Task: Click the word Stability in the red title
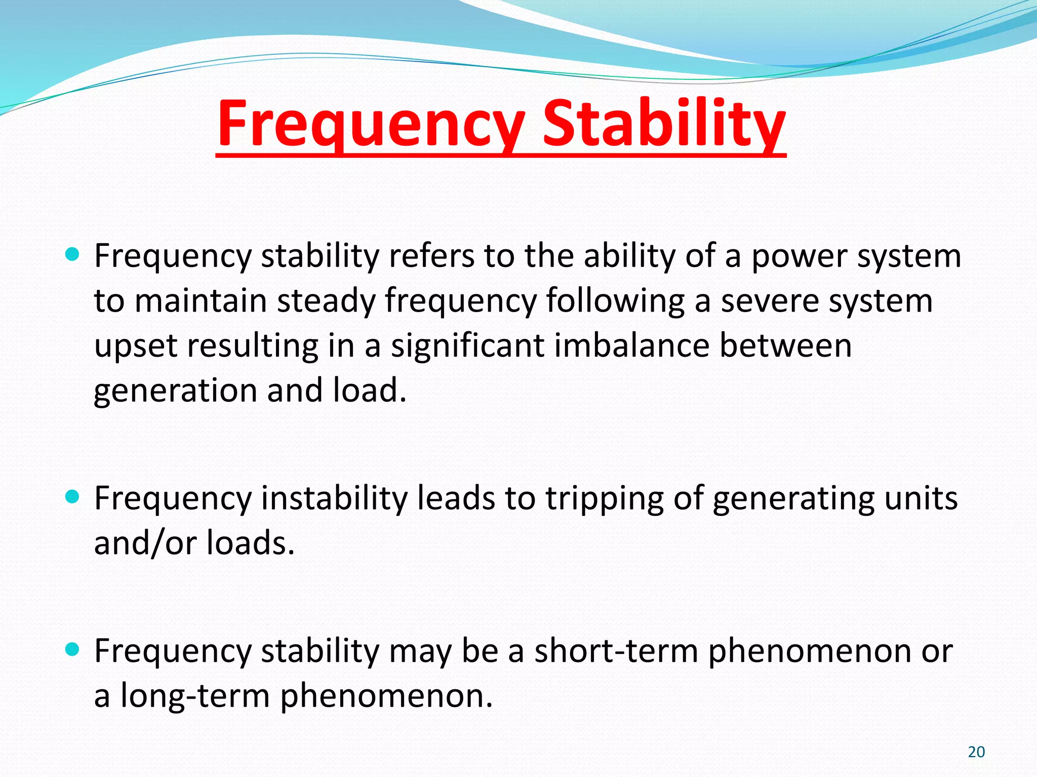pos(664,124)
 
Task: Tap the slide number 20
pos(976,752)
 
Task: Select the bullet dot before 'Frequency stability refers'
pos(73,254)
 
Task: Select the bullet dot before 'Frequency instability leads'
pos(73,497)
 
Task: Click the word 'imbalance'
pos(631,346)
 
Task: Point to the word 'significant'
pos(466,347)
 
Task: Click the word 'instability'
pos(333,498)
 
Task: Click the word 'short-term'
pos(616,651)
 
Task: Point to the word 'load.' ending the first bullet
pos(370,391)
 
